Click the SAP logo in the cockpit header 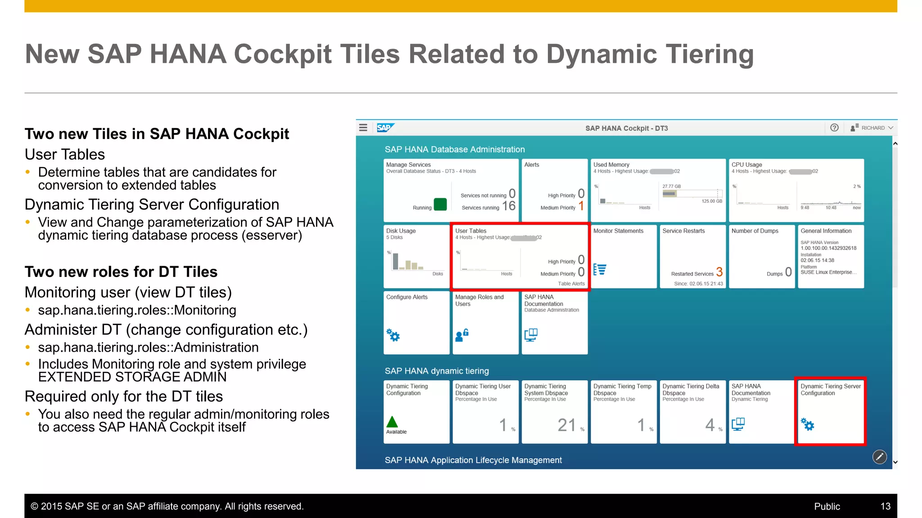pyautogui.click(x=385, y=128)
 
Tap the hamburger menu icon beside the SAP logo pyautogui.click(x=363, y=128)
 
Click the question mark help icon pyautogui.click(x=834, y=128)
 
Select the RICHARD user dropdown pyautogui.click(x=872, y=128)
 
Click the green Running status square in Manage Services pyautogui.click(x=440, y=205)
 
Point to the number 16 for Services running pyautogui.click(x=509, y=206)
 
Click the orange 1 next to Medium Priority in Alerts pyautogui.click(x=581, y=206)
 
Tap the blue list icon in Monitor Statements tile pyautogui.click(x=600, y=269)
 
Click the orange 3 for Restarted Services pyautogui.click(x=719, y=272)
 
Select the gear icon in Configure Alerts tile pyautogui.click(x=393, y=335)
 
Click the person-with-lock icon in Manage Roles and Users pyautogui.click(x=462, y=335)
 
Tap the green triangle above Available pyautogui.click(x=392, y=422)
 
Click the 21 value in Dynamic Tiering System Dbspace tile pyautogui.click(x=566, y=425)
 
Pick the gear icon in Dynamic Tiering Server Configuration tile pyautogui.click(x=808, y=424)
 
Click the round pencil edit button pyautogui.click(x=879, y=457)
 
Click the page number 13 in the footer pyautogui.click(x=885, y=506)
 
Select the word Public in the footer pyautogui.click(x=827, y=506)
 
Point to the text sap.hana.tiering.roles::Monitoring pyautogui.click(x=137, y=310)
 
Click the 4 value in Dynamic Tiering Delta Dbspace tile pyautogui.click(x=710, y=425)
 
